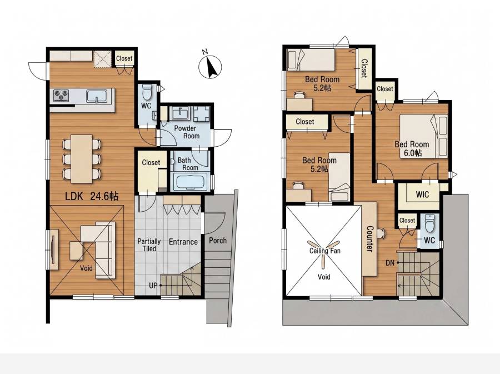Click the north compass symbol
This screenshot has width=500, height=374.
(x=210, y=67)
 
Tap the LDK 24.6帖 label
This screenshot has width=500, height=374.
(x=92, y=196)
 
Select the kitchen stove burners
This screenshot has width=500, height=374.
(x=61, y=95)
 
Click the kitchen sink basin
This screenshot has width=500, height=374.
(x=96, y=96)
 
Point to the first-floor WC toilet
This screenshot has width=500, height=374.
(x=147, y=92)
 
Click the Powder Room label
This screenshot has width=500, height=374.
(x=187, y=132)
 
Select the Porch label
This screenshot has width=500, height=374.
(x=218, y=241)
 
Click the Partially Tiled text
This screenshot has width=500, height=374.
(x=149, y=245)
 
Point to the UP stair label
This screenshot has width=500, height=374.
(x=153, y=286)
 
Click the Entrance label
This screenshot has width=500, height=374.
(x=183, y=242)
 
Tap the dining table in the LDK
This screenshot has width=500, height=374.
(x=82, y=158)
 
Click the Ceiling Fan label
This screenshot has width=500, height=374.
(x=325, y=251)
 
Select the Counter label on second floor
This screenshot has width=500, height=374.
(x=369, y=239)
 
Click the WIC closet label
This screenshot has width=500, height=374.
(x=423, y=194)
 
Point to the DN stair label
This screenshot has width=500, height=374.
(x=390, y=263)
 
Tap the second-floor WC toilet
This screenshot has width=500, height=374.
(x=430, y=223)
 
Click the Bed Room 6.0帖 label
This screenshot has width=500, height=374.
(x=412, y=148)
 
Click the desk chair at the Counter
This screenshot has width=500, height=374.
(x=381, y=233)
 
